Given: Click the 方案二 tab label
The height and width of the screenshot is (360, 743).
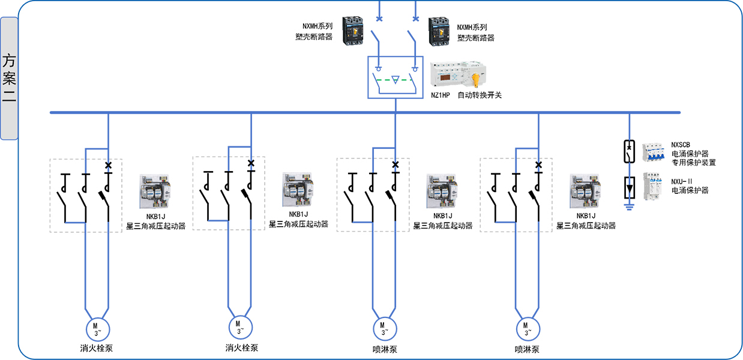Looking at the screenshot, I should tap(9, 79).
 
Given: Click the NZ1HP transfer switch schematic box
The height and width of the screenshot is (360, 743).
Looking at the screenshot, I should tap(395, 77).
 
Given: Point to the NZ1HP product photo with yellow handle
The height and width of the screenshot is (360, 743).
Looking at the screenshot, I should tap(459, 76).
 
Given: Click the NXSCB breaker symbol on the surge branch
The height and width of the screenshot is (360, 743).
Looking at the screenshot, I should tap(629, 152).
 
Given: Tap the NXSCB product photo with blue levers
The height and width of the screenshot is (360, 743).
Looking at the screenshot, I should tap(655, 152).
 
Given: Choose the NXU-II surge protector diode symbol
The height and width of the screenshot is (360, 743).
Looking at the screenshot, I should tap(629, 188).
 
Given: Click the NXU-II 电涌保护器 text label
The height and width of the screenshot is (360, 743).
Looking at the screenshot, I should tap(690, 186).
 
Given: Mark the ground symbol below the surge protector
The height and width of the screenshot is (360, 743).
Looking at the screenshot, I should tap(629, 208).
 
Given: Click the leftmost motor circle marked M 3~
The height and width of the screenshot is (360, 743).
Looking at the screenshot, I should tap(96, 328).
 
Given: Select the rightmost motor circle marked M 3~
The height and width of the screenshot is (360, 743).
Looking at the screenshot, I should tap(527, 328).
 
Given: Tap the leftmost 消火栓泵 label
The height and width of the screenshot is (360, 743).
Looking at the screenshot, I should tap(96, 348).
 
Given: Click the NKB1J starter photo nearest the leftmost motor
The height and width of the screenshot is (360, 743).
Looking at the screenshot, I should tap(154, 191).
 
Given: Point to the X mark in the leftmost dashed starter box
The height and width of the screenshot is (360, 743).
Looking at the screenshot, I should tap(108, 165).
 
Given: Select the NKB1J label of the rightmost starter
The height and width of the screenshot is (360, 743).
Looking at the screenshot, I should tap(586, 216).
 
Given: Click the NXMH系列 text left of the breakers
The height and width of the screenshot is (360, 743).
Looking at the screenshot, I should tap(317, 27).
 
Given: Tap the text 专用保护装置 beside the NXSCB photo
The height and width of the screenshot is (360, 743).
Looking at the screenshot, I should tap(693, 162).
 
